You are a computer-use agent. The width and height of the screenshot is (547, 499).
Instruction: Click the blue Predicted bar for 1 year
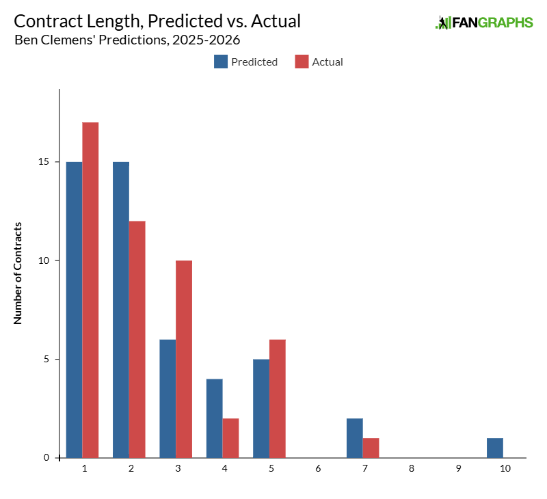[x=74, y=310]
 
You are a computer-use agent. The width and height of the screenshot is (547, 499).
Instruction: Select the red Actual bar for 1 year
[x=90, y=290]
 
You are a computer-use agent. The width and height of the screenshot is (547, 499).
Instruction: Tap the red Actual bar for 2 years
[x=137, y=339]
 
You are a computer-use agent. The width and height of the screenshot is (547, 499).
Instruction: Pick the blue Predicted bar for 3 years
[x=168, y=399]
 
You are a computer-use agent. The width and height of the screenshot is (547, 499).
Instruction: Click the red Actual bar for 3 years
[x=183, y=359]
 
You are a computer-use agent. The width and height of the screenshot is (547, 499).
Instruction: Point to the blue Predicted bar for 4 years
[x=214, y=418]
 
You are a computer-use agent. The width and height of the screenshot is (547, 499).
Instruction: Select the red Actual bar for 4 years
[x=230, y=438]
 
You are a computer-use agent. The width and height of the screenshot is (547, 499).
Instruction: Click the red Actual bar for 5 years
[x=277, y=399]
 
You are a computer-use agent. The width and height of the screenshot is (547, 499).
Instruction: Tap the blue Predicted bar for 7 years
[x=354, y=438]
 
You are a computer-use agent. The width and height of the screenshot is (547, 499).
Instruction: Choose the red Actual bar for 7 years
[x=371, y=448]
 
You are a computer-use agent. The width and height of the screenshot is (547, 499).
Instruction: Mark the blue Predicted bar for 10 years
[x=494, y=448]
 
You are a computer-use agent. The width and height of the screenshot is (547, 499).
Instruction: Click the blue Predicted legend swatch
[x=220, y=62]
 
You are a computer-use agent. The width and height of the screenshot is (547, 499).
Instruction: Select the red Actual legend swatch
[x=302, y=62]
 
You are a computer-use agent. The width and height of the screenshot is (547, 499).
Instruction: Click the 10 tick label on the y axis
[x=46, y=260]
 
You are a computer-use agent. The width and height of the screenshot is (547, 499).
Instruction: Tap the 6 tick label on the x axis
[x=318, y=469]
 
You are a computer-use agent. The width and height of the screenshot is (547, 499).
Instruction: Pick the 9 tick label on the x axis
[x=457, y=469]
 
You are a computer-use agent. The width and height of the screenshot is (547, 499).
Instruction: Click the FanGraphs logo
[x=484, y=23]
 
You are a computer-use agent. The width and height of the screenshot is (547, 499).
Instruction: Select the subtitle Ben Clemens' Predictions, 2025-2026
[x=127, y=39]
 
